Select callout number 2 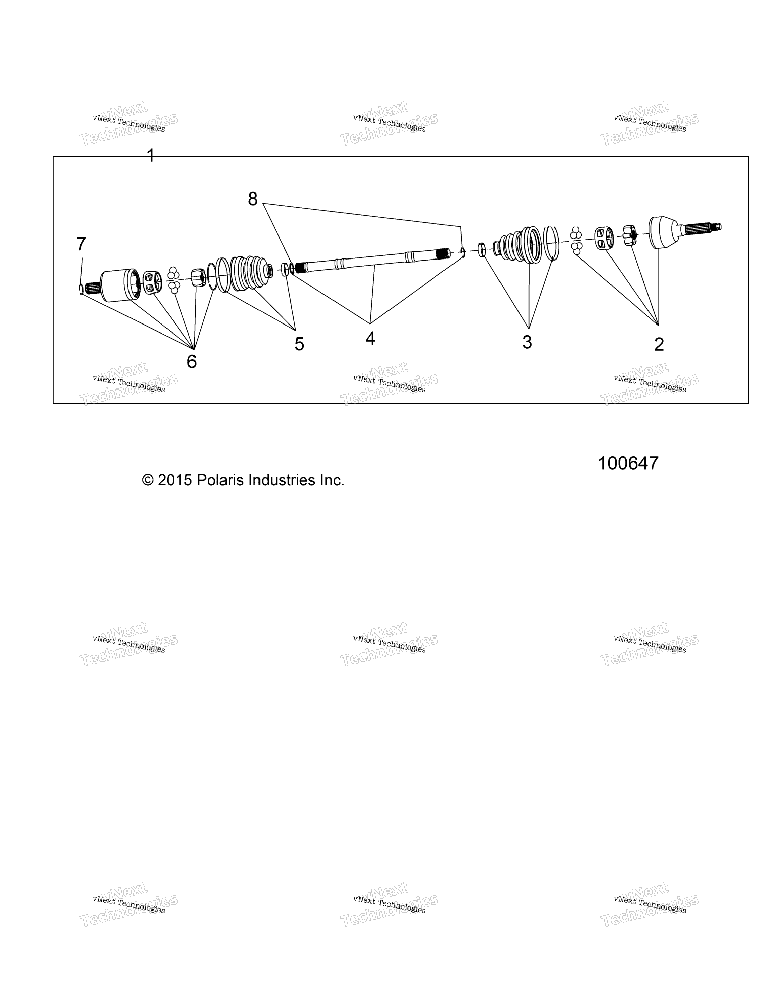[x=659, y=344]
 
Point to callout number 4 [x=370, y=338]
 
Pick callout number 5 [x=299, y=344]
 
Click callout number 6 [x=192, y=361]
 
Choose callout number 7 [x=81, y=244]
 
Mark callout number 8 [x=253, y=199]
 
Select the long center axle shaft [x=371, y=261]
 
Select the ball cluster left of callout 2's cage [x=576, y=240]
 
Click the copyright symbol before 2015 [x=148, y=480]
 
